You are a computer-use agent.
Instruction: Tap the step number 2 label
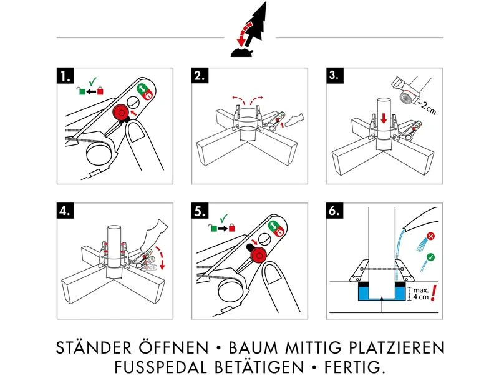[200, 77]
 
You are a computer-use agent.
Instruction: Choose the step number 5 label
[200, 211]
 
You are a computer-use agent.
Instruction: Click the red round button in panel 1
[119, 112]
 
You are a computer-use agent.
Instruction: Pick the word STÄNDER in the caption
[94, 347]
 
